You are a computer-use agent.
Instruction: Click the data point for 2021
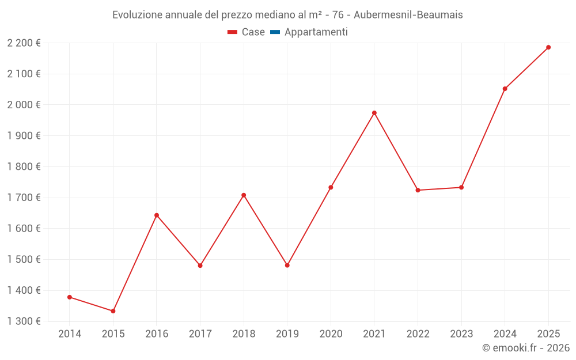click(374, 113)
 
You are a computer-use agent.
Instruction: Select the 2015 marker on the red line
click(113, 311)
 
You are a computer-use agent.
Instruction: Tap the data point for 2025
click(548, 47)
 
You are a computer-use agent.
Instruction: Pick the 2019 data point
click(287, 266)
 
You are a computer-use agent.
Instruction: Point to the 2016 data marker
click(157, 215)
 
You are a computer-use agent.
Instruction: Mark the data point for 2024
click(505, 89)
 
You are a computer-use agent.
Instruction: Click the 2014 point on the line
click(70, 297)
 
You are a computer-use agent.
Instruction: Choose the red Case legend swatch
click(232, 32)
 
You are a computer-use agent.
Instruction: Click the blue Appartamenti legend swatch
click(275, 32)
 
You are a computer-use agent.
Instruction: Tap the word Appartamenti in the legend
click(316, 32)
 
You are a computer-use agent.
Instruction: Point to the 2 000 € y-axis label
click(24, 105)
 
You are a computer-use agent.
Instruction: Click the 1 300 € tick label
click(24, 321)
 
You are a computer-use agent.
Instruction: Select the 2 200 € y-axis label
click(24, 43)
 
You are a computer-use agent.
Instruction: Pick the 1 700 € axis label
click(24, 198)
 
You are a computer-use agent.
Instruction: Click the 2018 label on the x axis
click(244, 334)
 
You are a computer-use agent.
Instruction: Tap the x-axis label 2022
click(418, 334)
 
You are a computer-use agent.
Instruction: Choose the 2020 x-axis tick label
click(331, 334)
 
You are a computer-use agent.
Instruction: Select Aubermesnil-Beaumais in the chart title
click(409, 15)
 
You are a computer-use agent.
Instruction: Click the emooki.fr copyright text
click(526, 348)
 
